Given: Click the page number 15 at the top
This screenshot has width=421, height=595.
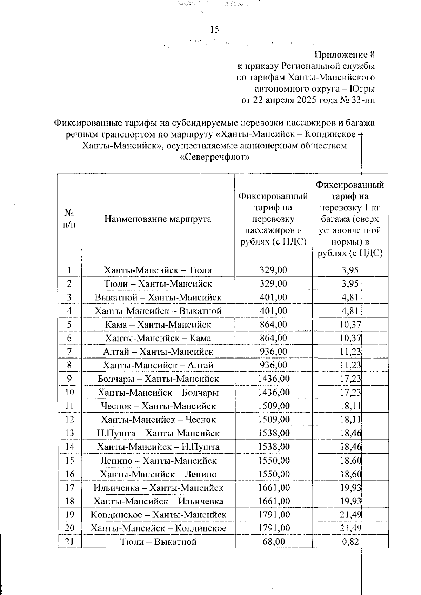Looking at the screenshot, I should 214,29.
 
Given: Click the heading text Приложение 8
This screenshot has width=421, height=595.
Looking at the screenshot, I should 345,55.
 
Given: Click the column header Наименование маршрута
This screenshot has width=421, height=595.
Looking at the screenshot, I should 158,219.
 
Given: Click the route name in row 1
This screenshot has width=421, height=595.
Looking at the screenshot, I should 158,270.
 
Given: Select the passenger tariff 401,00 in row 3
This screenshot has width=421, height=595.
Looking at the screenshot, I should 273,297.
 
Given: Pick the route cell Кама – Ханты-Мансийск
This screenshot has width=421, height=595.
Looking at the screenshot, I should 158,325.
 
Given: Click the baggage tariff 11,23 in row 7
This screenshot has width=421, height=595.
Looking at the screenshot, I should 350,352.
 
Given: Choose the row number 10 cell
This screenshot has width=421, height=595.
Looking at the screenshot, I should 69,392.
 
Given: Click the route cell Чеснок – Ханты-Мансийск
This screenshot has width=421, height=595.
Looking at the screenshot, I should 158,406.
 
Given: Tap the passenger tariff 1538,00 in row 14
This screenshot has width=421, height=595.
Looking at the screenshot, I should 274,447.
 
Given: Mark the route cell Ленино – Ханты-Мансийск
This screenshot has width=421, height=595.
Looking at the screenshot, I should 158,460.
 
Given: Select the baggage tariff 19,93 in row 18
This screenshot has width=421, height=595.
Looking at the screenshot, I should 350,501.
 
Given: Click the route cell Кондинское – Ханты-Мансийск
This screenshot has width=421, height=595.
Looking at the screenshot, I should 158,515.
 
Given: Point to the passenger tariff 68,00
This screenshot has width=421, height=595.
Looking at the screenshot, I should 274,541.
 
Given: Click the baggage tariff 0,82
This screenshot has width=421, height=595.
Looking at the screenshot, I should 350,541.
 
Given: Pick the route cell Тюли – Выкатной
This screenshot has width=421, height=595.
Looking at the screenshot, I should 158,541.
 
